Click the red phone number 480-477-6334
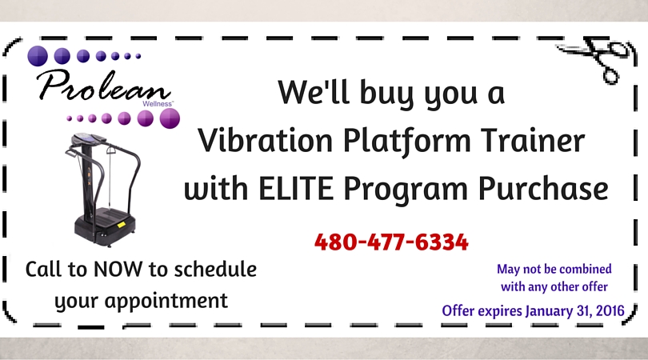[391, 242]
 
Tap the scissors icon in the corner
[595, 57]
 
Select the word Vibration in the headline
[266, 140]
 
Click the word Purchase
[543, 189]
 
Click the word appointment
[166, 301]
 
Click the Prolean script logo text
[104, 85]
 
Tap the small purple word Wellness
[158, 104]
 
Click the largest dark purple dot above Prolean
[38, 56]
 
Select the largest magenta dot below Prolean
[170, 118]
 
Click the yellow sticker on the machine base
[121, 225]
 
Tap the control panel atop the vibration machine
[88, 139]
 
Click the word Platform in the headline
[407, 141]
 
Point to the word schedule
[215, 270]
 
